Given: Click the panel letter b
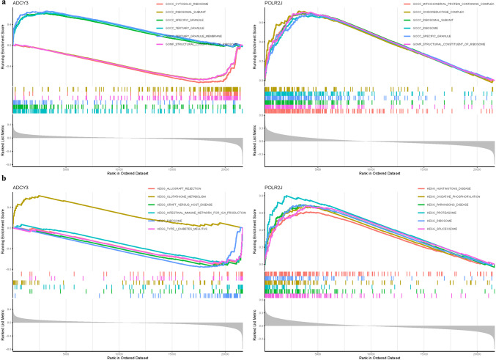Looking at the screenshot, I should (x=3, y=180).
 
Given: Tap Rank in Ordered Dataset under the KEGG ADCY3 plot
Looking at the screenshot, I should (x=127, y=357).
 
